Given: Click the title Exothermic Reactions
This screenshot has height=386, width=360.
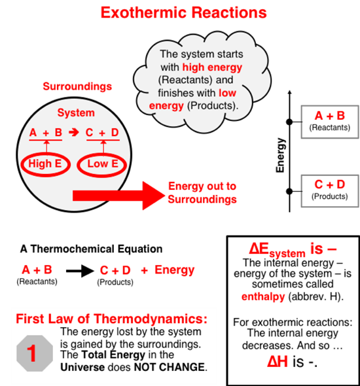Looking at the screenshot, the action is (x=184, y=12).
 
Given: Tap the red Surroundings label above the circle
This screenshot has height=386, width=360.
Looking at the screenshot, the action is (x=77, y=86).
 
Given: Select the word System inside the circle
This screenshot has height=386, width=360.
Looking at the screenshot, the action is (x=76, y=113).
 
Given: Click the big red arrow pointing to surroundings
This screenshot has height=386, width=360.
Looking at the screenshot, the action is (x=118, y=196).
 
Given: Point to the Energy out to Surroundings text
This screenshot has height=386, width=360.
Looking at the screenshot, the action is (x=202, y=193).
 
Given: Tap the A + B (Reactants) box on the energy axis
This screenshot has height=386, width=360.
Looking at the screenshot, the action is (x=330, y=122).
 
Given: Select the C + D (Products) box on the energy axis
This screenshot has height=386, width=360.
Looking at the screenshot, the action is (x=330, y=191).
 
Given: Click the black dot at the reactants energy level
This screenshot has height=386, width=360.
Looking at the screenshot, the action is (x=289, y=122).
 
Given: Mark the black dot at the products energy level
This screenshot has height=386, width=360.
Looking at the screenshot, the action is (x=289, y=191).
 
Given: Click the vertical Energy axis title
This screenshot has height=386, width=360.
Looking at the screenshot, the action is (x=280, y=155).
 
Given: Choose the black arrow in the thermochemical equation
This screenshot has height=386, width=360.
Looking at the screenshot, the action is (x=80, y=271).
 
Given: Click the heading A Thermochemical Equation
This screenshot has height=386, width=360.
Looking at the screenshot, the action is (x=92, y=249).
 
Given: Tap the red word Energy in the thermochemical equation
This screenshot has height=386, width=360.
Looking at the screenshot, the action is (x=175, y=270).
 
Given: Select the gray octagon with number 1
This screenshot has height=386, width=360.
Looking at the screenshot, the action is (x=35, y=353).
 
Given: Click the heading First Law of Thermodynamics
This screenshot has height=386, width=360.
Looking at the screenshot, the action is (x=111, y=319).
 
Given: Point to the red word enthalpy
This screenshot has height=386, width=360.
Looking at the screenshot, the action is (x=263, y=296).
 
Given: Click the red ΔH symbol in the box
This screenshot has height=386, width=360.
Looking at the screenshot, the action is (x=278, y=362).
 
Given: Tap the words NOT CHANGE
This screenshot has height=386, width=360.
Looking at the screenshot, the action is (x=169, y=367).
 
